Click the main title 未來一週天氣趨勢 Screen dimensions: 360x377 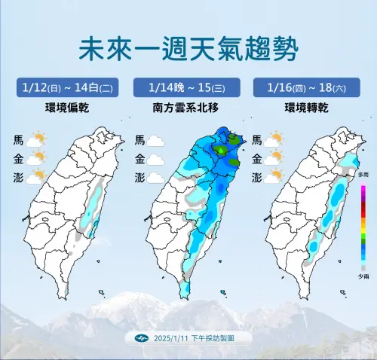[188, 50]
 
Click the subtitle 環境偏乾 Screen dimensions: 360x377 [66, 107]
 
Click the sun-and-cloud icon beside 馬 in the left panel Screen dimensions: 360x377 [36, 139]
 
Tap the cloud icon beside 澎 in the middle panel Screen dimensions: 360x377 [156, 178]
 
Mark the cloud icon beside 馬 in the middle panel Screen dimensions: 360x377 [156, 140]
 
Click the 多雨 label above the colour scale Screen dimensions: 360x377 [363, 174]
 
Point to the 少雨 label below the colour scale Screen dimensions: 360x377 [363, 277]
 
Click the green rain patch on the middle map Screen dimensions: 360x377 [222, 151]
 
